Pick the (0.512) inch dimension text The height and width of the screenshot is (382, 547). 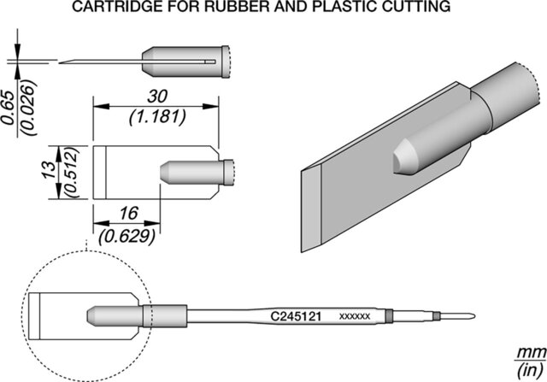click(x=74, y=172)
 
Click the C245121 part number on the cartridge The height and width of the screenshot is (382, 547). click(x=295, y=315)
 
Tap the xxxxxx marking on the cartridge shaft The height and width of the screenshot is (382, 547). click(x=354, y=316)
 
